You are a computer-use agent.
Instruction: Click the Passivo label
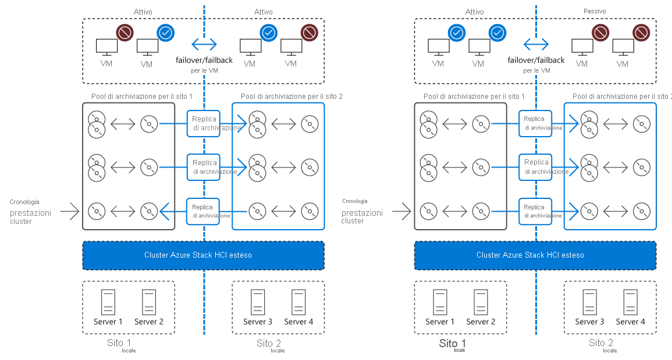pos(594,11)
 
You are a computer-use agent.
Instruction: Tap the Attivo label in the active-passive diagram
pos(475,12)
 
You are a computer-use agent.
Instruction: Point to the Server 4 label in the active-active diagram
pos(298,322)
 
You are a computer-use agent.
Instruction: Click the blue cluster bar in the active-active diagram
pos(203,255)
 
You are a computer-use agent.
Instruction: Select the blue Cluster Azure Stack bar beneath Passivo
pos(535,255)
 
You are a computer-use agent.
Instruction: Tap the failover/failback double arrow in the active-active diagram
pos(204,44)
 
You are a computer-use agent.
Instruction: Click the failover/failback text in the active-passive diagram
pos(536,60)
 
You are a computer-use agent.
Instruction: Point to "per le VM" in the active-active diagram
pos(204,70)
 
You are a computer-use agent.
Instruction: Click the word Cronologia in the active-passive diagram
pos(354,201)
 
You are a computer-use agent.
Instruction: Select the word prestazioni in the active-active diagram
pos(30,213)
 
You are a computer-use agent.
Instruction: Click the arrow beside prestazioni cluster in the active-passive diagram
pos(401,211)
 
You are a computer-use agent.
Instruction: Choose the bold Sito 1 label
pos(452,343)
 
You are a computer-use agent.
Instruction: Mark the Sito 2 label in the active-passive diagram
pos(601,343)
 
